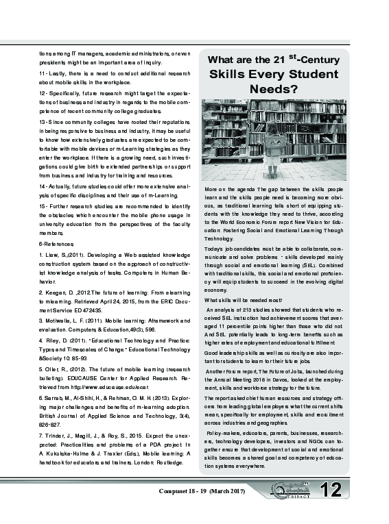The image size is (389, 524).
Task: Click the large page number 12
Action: point(330,490)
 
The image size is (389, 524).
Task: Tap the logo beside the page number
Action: point(294,490)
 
